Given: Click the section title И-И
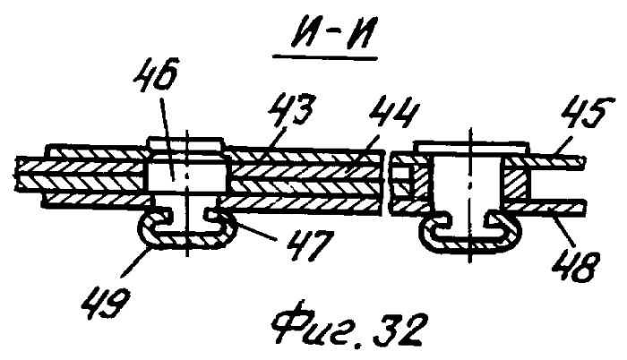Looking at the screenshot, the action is (x=324, y=34).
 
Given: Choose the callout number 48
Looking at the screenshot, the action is (x=573, y=266).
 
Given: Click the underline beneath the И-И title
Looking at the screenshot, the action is (x=324, y=59).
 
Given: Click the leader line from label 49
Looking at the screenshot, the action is (x=136, y=262).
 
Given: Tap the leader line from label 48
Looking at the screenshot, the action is (x=563, y=232).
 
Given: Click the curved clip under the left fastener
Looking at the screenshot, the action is (x=187, y=240).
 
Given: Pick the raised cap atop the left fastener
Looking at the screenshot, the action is (x=186, y=142).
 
